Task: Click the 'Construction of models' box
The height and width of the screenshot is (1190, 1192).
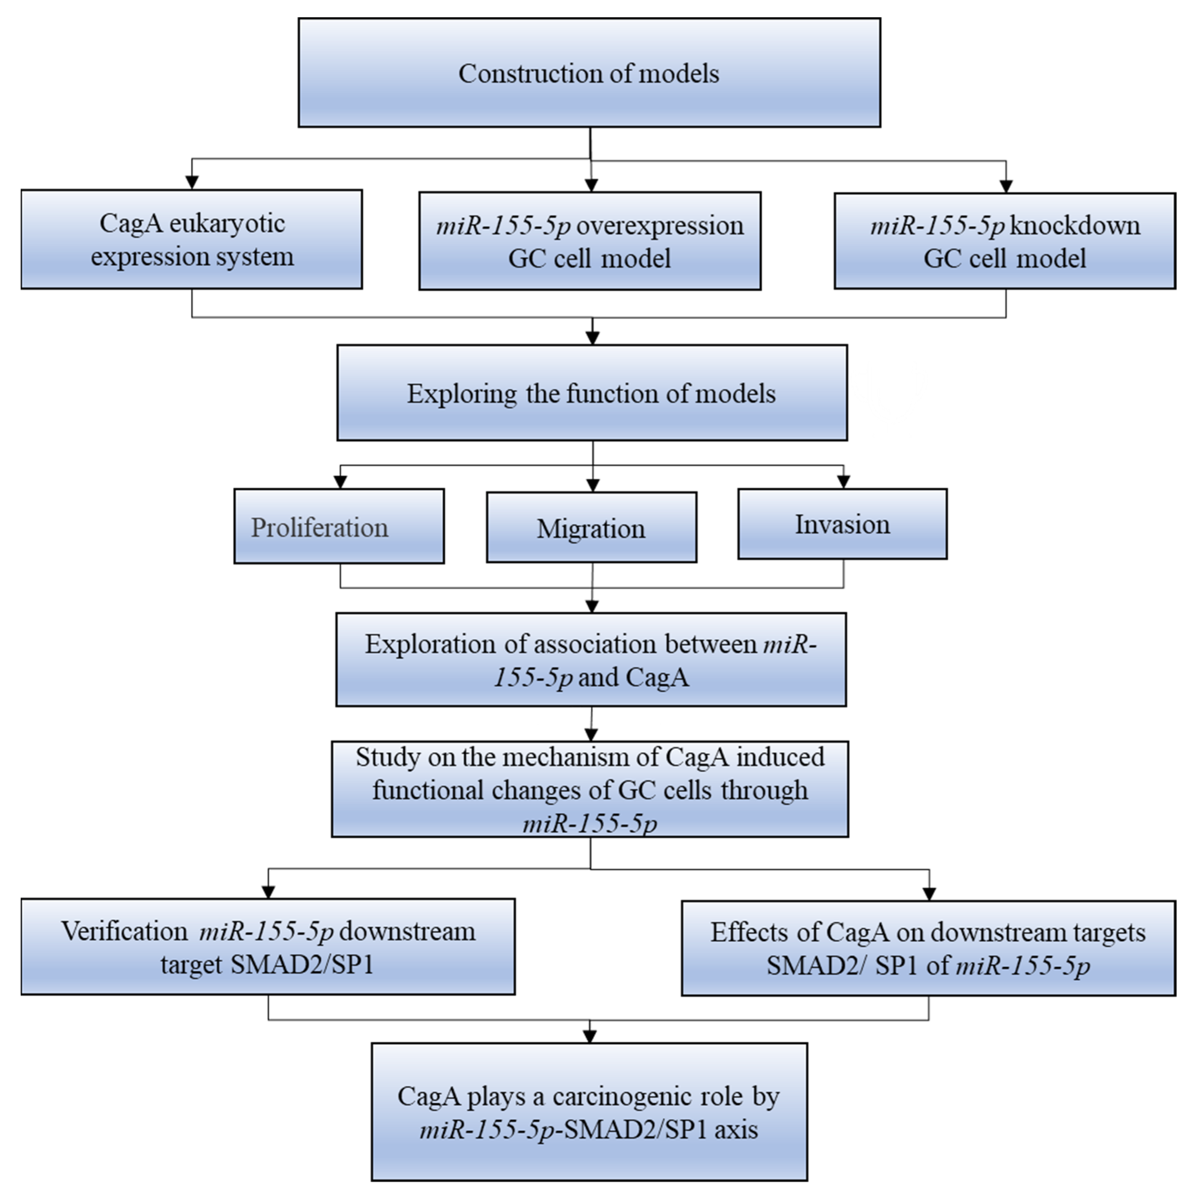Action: tap(589, 73)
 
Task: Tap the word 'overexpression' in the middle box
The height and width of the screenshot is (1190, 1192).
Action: tap(660, 226)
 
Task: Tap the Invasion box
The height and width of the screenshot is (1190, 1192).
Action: tap(842, 524)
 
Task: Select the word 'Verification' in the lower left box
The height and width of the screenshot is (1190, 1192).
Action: tap(124, 931)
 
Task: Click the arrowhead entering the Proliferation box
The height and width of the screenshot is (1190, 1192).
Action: tap(340, 482)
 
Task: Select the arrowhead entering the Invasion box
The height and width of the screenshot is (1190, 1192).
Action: tap(843, 482)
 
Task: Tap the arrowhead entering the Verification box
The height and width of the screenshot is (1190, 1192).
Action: tap(268, 891)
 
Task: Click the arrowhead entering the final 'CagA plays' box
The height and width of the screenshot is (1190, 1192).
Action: tap(590, 1036)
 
